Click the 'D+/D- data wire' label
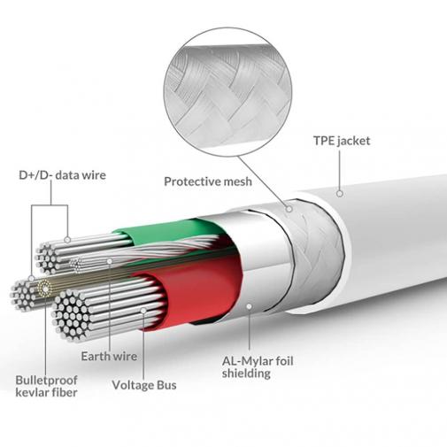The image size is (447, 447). click(62, 174)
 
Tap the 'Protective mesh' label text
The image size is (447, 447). click(208, 181)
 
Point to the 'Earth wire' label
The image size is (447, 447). click(107, 356)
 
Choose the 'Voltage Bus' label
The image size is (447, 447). click(144, 386)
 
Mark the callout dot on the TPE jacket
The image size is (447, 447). click(339, 190)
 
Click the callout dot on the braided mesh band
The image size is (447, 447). click(289, 210)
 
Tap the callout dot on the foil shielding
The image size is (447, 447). click(250, 307)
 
